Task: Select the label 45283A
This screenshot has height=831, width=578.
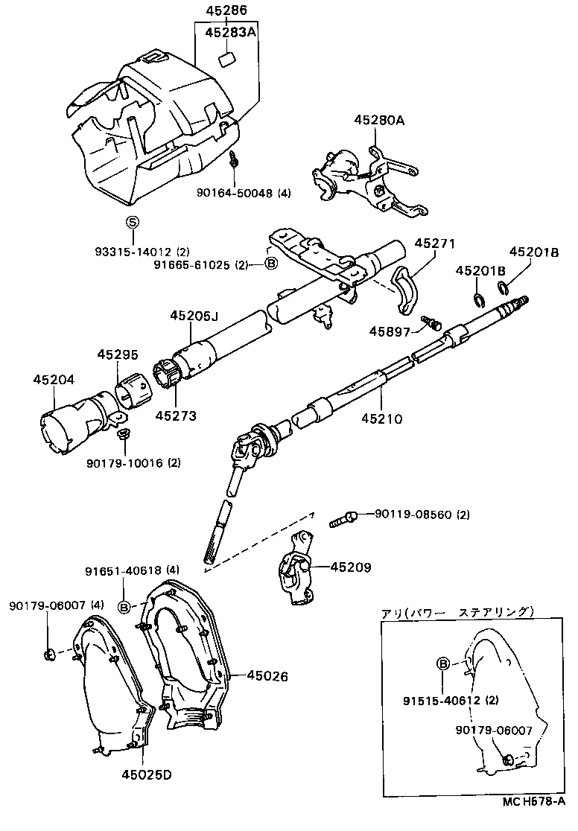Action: (x=230, y=32)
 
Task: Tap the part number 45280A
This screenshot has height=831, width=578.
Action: (x=379, y=120)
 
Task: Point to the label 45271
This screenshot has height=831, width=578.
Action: (x=434, y=243)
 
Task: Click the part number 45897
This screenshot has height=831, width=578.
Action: (x=388, y=331)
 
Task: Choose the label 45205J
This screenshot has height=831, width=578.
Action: (x=194, y=315)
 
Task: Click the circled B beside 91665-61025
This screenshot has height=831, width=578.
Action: (x=271, y=264)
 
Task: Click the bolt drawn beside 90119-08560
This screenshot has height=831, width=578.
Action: (x=343, y=518)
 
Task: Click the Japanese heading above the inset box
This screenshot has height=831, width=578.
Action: (x=457, y=612)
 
